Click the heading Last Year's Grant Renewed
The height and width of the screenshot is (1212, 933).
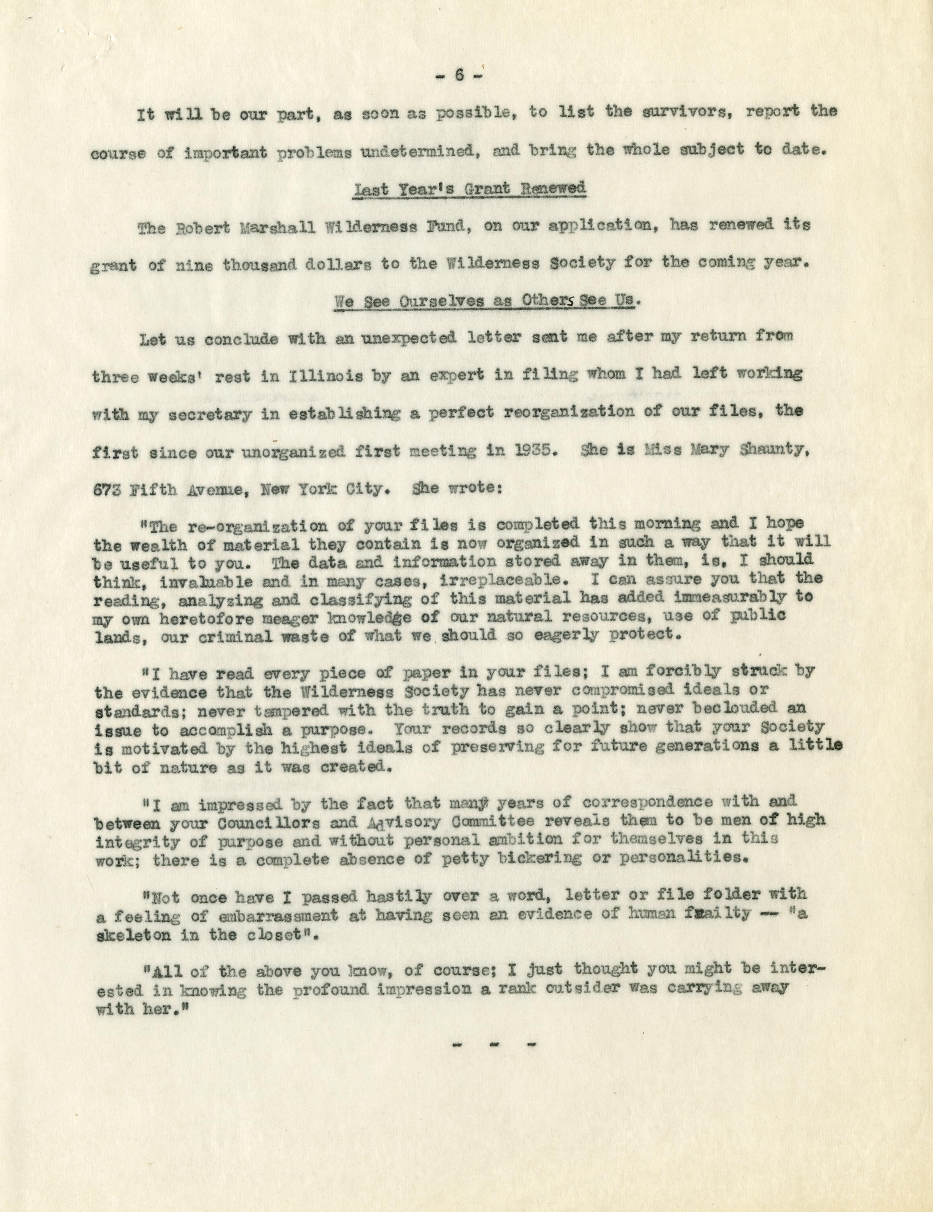pos(469,189)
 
